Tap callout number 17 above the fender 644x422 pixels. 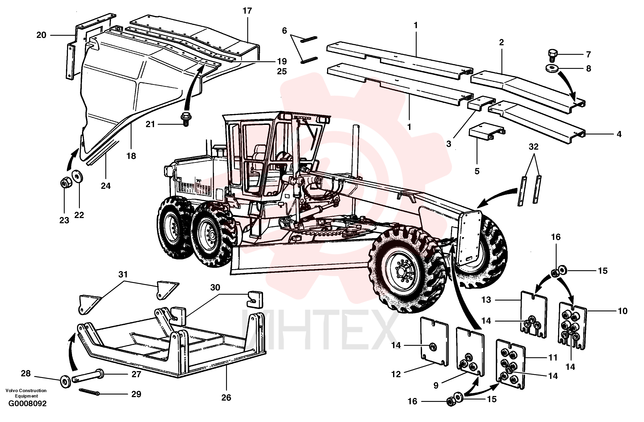pyautogui.click(x=247, y=11)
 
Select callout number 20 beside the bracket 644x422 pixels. pyautogui.click(x=41, y=35)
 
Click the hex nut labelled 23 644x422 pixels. pyautogui.click(x=65, y=184)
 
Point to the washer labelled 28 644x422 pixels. pyautogui.click(x=65, y=382)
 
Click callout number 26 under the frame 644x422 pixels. pyautogui.click(x=226, y=398)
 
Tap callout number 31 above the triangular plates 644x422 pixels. pyautogui.click(x=123, y=274)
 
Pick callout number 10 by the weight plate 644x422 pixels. pyautogui.click(x=623, y=311)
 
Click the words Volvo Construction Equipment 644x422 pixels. pyautogui.click(x=26, y=393)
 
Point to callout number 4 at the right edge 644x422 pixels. pyautogui.click(x=619, y=134)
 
